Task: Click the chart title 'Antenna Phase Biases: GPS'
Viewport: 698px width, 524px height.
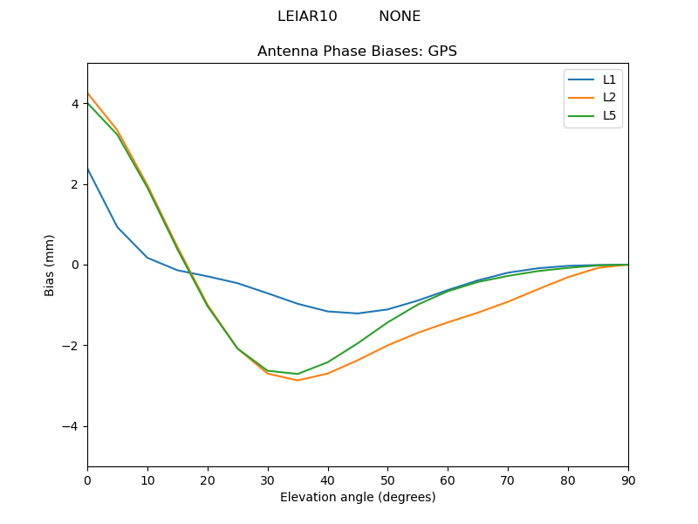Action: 357,52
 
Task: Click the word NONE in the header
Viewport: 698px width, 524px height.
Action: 400,17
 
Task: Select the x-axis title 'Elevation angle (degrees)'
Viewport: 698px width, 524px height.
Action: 358,497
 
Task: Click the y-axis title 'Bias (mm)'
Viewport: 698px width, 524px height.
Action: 50,265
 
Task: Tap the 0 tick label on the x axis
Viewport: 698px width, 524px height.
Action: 87,479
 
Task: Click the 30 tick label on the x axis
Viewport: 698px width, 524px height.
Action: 268,479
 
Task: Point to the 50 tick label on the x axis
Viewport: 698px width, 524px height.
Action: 387,479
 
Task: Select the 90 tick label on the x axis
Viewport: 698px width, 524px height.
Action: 628,479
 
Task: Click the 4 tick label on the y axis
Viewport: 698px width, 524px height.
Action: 75,104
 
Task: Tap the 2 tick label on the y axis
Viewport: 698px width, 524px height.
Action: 75,184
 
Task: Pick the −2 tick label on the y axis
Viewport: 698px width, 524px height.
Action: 72,346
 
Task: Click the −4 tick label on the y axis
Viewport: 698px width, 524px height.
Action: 72,426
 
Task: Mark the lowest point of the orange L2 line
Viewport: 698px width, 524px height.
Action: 298,380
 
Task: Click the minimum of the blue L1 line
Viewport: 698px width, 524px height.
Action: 358,314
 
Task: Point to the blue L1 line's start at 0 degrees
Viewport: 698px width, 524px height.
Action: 87,169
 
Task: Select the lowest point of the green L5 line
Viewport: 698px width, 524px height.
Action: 298,374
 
